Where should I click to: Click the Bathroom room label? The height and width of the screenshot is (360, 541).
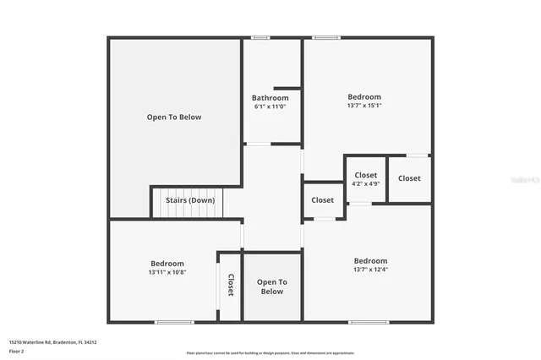[x=270, y=98]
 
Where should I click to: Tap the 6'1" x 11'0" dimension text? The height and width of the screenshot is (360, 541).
[x=270, y=106]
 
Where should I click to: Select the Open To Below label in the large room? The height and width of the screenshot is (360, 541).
[x=174, y=117]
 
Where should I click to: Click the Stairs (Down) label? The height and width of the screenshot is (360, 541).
[x=189, y=200]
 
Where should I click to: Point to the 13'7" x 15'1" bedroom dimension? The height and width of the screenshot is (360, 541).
[x=364, y=106]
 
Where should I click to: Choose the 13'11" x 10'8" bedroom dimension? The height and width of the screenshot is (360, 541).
[x=167, y=272]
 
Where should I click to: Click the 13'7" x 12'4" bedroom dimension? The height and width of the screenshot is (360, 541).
[x=370, y=270]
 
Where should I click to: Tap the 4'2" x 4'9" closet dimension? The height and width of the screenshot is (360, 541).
[x=365, y=183]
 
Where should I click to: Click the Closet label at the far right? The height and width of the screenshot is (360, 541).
[x=409, y=178]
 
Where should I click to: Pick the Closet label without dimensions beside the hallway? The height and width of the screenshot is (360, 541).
[x=322, y=200]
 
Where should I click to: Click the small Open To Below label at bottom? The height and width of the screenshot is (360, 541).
[x=271, y=286]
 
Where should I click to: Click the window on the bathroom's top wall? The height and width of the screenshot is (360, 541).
[x=261, y=37]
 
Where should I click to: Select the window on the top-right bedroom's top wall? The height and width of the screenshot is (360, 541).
[x=326, y=37]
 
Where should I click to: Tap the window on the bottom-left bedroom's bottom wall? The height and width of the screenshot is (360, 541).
[x=174, y=322]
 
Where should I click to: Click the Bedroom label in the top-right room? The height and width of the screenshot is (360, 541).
[x=364, y=97]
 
